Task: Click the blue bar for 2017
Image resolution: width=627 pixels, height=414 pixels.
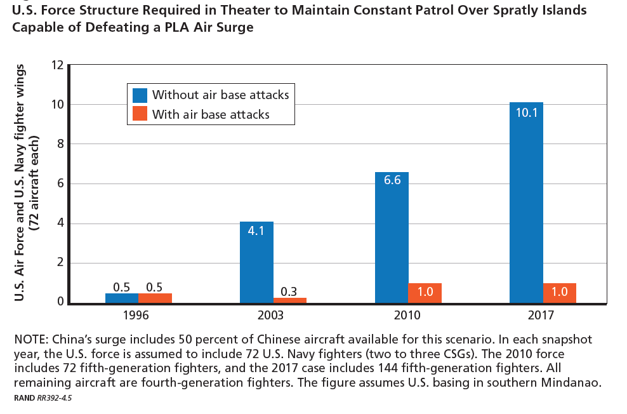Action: coord(526,203)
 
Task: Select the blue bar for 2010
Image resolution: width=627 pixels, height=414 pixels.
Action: coord(392,238)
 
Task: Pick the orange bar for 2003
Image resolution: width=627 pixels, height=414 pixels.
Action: coord(290,300)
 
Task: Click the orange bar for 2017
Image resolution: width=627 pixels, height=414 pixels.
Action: coord(559,293)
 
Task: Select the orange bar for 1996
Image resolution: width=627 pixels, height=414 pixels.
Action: coord(155,298)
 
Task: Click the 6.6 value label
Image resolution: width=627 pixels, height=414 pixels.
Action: coord(392,180)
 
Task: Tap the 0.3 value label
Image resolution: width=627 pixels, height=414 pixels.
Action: coord(290,291)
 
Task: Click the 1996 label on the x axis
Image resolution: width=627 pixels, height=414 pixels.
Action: coord(138,315)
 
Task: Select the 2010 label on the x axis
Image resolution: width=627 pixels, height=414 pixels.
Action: coord(408,315)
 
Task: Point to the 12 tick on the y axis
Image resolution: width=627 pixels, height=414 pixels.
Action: coord(57,65)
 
